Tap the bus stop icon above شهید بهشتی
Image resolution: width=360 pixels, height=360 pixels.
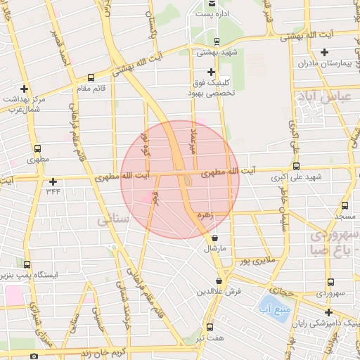tap(216, 41)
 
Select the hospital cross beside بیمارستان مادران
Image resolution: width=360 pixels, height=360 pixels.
tap(324, 52)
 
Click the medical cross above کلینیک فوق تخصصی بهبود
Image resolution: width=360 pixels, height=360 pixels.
tap(211, 72)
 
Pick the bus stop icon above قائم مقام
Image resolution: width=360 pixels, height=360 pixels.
tap(91, 77)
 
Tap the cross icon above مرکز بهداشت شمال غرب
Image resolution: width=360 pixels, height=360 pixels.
tap(25, 89)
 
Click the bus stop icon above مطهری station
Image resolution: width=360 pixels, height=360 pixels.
tap(37, 149)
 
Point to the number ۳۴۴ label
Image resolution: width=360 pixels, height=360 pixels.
tap(53, 191)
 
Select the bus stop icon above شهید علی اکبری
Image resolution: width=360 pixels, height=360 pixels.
tap(295, 168)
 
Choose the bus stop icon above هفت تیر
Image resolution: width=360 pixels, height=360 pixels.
tap(210, 327)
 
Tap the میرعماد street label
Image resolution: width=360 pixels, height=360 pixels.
tap(188, 141)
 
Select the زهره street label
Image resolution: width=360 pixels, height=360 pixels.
tap(205, 214)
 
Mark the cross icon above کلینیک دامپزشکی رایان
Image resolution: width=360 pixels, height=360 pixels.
tap(328, 312)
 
